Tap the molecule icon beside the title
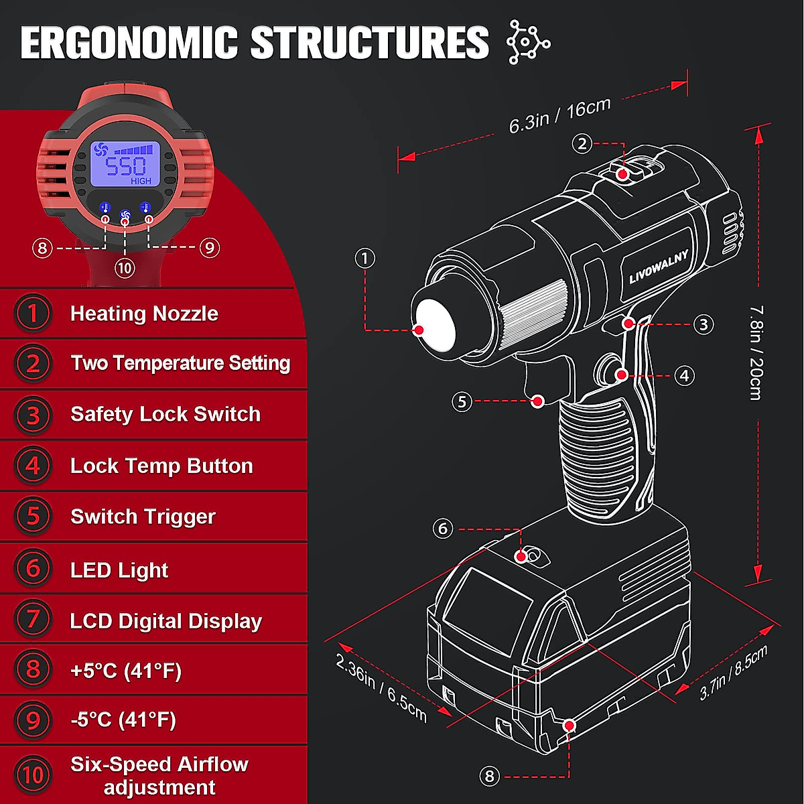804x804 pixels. click(528, 42)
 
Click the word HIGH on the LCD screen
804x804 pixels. click(141, 181)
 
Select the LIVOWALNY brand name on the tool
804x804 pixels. click(658, 266)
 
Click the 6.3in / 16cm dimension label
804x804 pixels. click(559, 116)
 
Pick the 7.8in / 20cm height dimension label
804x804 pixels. click(755, 352)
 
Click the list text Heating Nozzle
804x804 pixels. click(144, 314)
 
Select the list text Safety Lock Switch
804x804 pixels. click(165, 414)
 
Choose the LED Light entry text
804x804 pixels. click(119, 570)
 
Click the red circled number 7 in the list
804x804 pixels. click(33, 619)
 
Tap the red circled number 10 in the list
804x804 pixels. click(33, 775)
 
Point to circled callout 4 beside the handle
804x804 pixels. click(684, 376)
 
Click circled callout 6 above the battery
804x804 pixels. click(442, 529)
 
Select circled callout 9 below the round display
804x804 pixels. click(209, 248)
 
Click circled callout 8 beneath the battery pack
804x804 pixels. click(490, 776)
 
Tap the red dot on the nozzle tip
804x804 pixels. click(419, 330)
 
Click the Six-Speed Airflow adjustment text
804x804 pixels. click(159, 775)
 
